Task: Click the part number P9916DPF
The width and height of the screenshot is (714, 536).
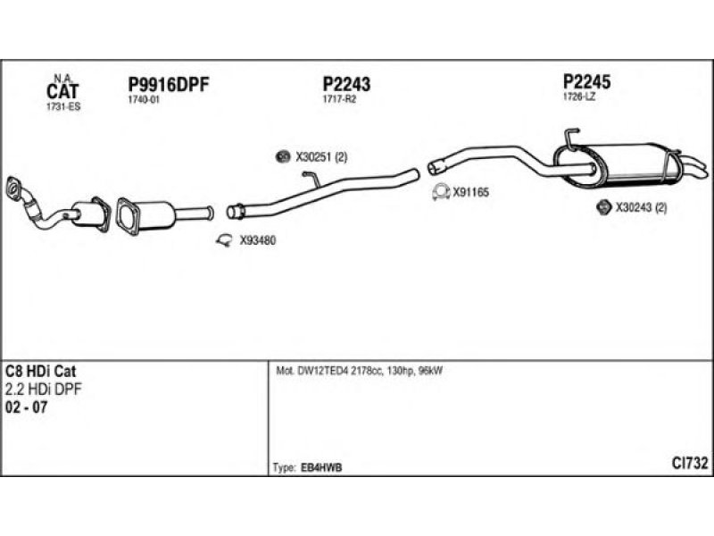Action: [169, 85]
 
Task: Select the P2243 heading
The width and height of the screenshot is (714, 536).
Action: [346, 84]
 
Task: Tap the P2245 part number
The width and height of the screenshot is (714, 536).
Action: [586, 81]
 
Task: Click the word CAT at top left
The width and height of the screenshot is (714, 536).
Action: [62, 90]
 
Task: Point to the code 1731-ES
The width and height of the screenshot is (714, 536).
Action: [62, 106]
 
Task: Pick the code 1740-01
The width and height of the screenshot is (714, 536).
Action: [144, 100]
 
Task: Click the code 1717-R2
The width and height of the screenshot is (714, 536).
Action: [339, 99]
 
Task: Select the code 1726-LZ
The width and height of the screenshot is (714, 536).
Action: [578, 96]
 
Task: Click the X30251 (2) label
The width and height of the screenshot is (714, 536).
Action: [321, 157]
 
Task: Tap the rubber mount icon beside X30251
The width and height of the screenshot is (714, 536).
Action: [282, 157]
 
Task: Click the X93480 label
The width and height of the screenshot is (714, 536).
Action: [258, 239]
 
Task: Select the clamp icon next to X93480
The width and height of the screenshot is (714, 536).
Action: [225, 239]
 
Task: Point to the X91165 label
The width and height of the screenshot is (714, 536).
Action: [471, 191]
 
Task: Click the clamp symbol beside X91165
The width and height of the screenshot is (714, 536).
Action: [439, 191]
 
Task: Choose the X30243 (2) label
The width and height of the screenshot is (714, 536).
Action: [642, 207]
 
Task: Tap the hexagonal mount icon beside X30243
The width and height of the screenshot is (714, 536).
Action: [602, 207]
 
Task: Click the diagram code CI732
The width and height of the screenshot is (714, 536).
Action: [690, 463]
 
